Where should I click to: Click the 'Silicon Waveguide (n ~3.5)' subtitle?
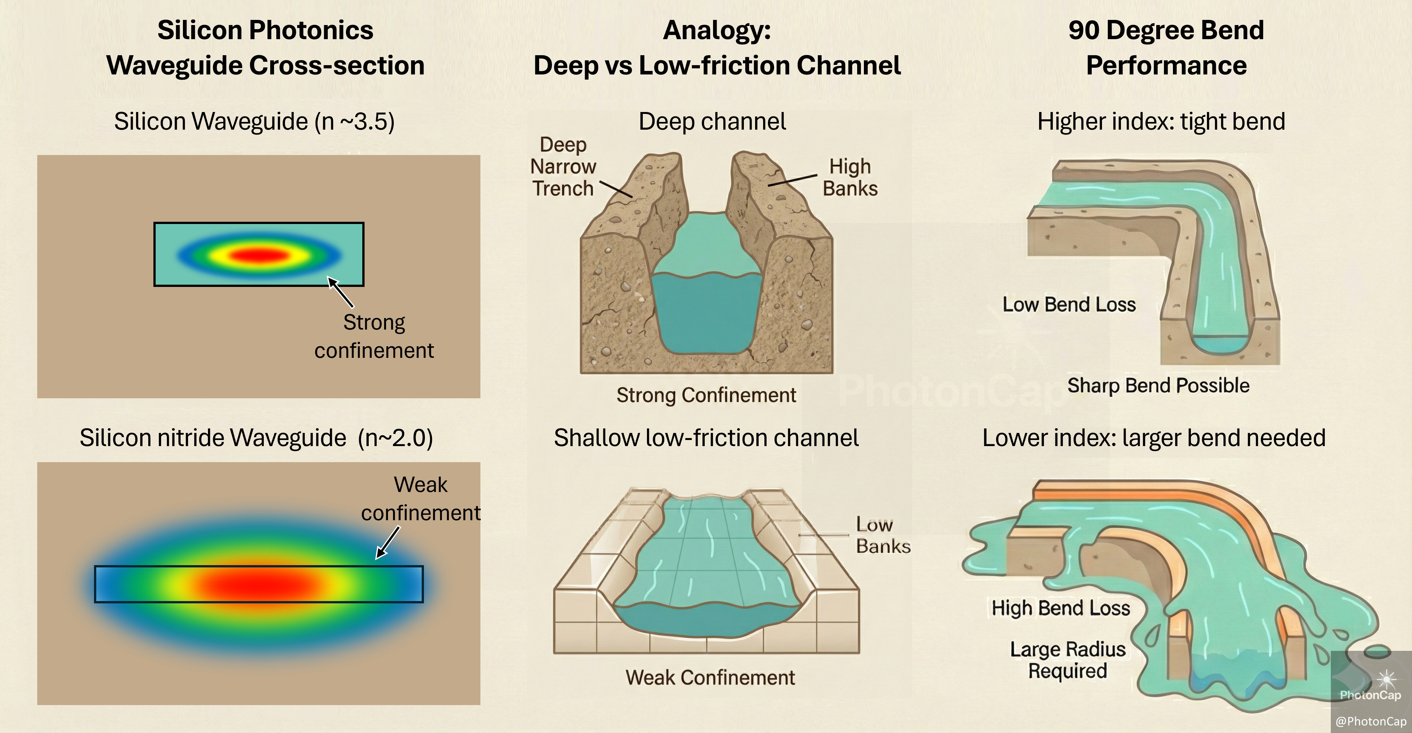pyautogui.click(x=254, y=122)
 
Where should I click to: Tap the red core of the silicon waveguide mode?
pyautogui.click(x=258, y=255)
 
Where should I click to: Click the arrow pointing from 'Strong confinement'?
pyautogui.click(x=340, y=292)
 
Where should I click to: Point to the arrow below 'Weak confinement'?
pyautogui.click(x=388, y=543)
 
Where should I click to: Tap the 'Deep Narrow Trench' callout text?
pyautogui.click(x=563, y=167)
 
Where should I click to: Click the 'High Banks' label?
pyautogui.click(x=850, y=177)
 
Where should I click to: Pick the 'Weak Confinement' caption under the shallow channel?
pyautogui.click(x=710, y=677)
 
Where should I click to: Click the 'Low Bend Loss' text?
pyautogui.click(x=1069, y=304)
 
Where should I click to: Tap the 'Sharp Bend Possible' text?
pyautogui.click(x=1158, y=385)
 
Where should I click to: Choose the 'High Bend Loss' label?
pyautogui.click(x=1061, y=608)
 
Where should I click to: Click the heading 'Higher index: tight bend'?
pyautogui.click(x=1161, y=122)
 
